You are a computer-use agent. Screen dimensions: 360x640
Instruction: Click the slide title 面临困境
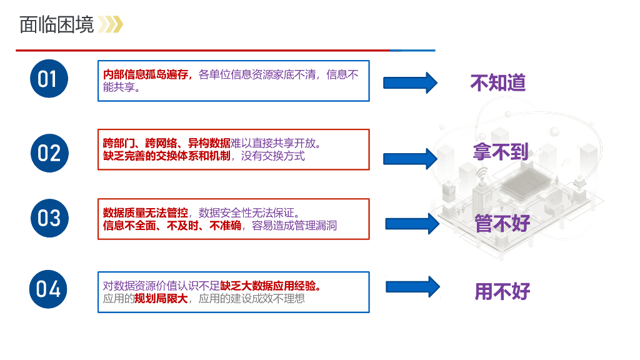pyautogui.click(x=56, y=24)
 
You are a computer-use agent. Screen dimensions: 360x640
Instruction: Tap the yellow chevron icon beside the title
pyautogui.click(x=111, y=24)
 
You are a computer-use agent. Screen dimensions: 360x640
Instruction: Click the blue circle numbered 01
pyautogui.click(x=49, y=79)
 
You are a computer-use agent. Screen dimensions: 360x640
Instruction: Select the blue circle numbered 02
pyautogui.click(x=49, y=152)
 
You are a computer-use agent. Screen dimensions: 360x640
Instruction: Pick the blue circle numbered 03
pyautogui.click(x=49, y=218)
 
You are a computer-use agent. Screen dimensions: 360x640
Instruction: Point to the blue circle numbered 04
pyautogui.click(x=49, y=289)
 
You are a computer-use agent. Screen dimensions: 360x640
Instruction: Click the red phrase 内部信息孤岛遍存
pyautogui.click(x=147, y=75)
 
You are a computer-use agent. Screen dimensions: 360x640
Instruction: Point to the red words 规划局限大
pyautogui.click(x=161, y=299)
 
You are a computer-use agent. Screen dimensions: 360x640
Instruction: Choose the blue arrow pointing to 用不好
pyautogui.click(x=412, y=287)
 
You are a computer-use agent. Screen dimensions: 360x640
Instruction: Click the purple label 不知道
pyautogui.click(x=498, y=83)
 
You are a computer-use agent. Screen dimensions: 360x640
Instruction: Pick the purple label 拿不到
pyautogui.click(x=501, y=152)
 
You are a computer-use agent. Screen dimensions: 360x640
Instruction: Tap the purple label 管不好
pyautogui.click(x=502, y=223)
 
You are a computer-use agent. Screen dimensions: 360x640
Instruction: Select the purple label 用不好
pyautogui.click(x=502, y=291)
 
